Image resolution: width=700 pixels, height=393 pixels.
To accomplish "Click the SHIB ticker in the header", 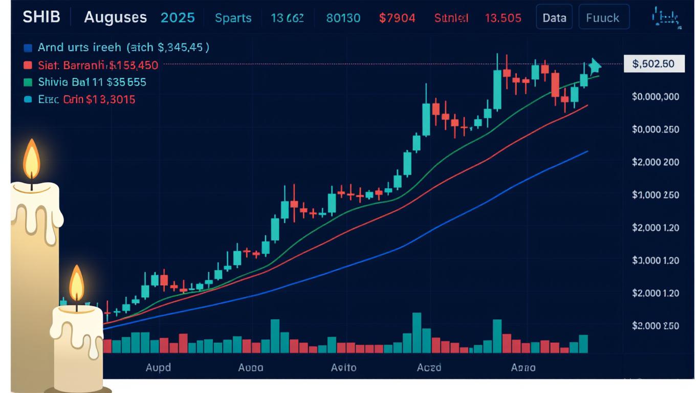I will (x=41, y=17).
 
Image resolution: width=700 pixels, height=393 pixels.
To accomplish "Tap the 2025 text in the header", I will (x=178, y=17).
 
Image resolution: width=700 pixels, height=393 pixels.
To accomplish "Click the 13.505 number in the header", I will (x=503, y=18).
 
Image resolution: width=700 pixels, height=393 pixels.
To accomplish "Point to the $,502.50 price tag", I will (x=653, y=64).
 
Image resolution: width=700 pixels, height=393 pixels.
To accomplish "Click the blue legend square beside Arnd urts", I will (x=28, y=48).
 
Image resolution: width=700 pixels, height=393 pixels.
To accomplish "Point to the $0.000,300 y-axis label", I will (x=655, y=97).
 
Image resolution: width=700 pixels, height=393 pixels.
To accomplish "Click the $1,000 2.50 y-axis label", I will (x=655, y=195).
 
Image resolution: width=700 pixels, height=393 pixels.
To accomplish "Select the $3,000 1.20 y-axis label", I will (x=655, y=260).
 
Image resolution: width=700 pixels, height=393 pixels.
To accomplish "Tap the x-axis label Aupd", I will (x=158, y=367).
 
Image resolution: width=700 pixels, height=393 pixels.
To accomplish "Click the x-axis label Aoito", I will (x=343, y=367).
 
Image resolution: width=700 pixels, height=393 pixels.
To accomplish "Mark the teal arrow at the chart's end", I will (x=594, y=66).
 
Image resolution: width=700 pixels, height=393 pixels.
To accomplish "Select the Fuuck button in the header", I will (x=603, y=18).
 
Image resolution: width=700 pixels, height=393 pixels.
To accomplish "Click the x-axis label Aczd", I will (x=429, y=367).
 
